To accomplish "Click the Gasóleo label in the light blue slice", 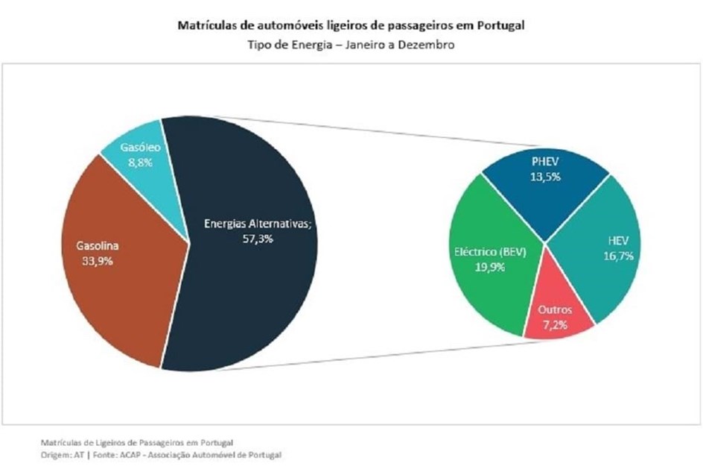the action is (x=140, y=147).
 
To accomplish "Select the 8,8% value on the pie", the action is (x=140, y=163).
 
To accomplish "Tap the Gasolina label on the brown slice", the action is (x=98, y=245).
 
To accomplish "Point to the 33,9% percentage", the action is (x=98, y=261).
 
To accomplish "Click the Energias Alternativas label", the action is (x=258, y=224).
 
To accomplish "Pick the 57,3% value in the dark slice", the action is (x=258, y=239).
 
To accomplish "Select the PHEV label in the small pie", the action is (x=545, y=162).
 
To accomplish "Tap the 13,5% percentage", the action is (x=545, y=177).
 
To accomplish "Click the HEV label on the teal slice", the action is (x=618, y=241).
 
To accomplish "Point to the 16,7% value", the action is (x=618, y=256).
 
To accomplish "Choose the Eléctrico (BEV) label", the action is (x=490, y=252).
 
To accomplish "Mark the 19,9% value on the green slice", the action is (x=490, y=267).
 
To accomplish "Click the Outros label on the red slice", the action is (x=555, y=309).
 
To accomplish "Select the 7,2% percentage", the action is (x=555, y=325).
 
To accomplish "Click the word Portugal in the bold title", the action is (x=500, y=25).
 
